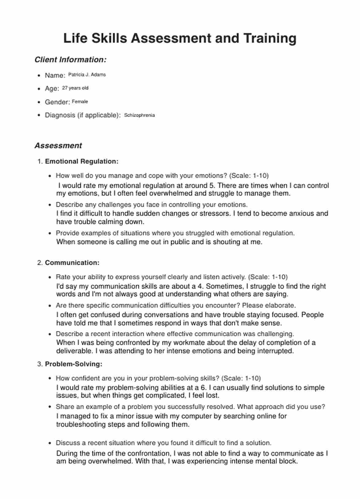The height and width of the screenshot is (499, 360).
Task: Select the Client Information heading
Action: pos(70,60)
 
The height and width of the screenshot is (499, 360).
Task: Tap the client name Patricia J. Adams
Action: pos(87,75)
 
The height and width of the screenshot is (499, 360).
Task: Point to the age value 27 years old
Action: pos(75,88)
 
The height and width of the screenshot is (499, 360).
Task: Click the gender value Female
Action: pos(80,102)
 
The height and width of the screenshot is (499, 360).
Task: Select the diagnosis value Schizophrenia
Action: pos(139,115)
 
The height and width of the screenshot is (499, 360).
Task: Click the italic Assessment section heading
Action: pos(58,146)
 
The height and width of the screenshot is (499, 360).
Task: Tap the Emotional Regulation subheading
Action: pos(81,161)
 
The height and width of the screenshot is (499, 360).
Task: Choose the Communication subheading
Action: pos(72,263)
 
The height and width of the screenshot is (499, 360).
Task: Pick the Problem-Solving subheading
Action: pos(73,364)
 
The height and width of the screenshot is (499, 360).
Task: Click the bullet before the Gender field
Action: pos(39,102)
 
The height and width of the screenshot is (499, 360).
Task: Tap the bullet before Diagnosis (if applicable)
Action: pos(39,115)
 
